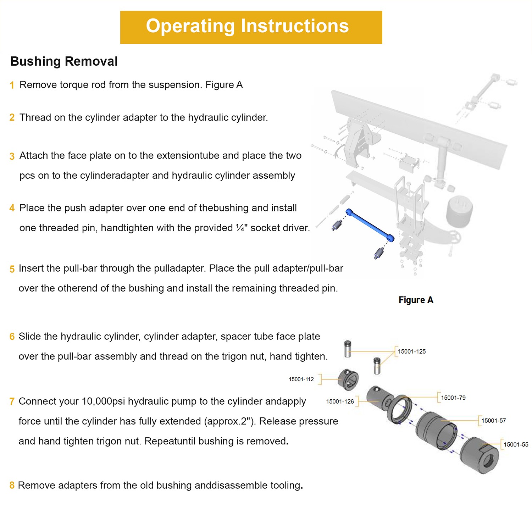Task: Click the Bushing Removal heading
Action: pyautogui.click(x=64, y=61)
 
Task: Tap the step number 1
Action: pyautogui.click(x=12, y=85)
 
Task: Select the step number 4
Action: pyautogui.click(x=12, y=208)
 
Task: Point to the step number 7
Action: pyautogui.click(x=12, y=401)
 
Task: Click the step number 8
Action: pyautogui.click(x=12, y=485)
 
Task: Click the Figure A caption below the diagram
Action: pyautogui.click(x=416, y=300)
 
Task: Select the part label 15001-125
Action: pyautogui.click(x=411, y=351)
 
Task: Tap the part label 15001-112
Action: pyautogui.click(x=301, y=379)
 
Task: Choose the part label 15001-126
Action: pyautogui.click(x=340, y=401)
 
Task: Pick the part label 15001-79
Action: pyautogui.click(x=453, y=398)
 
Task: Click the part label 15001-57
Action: pyautogui.click(x=493, y=421)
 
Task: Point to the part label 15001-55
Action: pyautogui.click(x=516, y=444)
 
